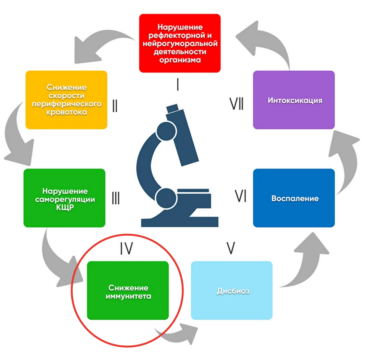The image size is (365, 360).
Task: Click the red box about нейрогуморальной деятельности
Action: click(x=180, y=43)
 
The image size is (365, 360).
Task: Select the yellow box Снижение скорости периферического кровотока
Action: click(x=66, y=99)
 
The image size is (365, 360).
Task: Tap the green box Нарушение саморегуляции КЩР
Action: click(x=64, y=198)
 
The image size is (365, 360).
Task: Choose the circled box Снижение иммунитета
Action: click(x=128, y=291)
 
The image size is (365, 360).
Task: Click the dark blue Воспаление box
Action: click(x=294, y=198)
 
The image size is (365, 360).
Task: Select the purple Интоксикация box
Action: click(x=294, y=100)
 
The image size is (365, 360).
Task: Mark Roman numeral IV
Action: click(x=126, y=249)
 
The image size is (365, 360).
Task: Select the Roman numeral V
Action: click(x=230, y=249)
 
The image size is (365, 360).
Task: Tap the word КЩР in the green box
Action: click(x=64, y=208)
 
